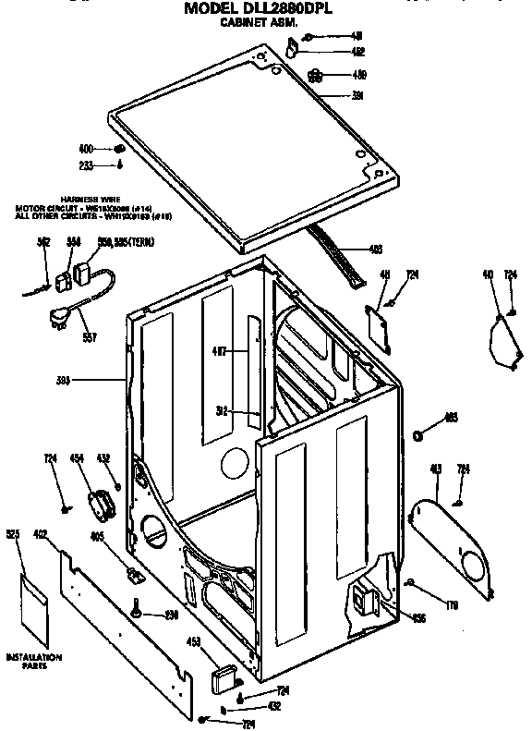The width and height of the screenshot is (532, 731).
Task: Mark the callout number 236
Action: (172, 615)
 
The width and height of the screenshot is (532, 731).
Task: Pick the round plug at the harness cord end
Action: (58, 319)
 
